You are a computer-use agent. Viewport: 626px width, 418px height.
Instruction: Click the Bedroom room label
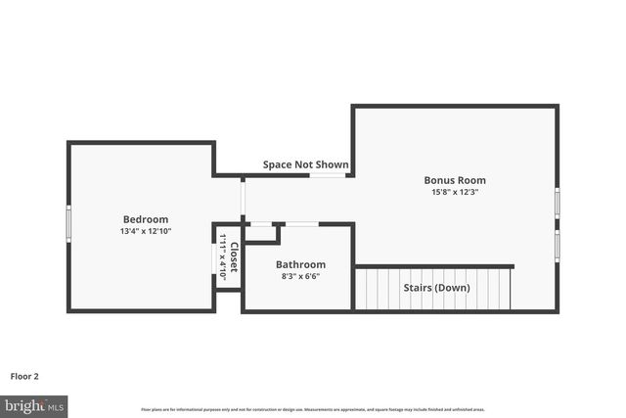146,219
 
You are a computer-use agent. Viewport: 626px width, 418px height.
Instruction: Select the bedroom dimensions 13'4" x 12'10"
146,232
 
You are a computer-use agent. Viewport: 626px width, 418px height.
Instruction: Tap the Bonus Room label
455,180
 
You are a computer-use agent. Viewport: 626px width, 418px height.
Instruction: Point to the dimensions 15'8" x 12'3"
455,193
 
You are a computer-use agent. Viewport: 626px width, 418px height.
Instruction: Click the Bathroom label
300,264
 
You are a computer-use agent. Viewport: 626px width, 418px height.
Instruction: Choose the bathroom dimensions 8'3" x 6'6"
300,277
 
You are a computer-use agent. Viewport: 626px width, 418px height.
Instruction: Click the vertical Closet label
234,255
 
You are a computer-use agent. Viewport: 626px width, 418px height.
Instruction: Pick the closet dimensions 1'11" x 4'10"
223,257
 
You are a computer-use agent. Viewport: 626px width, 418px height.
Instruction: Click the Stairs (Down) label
436,288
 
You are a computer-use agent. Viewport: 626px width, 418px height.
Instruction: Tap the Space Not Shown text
305,164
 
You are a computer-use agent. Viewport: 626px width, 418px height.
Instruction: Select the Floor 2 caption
24,376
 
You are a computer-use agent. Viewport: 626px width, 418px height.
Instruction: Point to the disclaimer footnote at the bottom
312,409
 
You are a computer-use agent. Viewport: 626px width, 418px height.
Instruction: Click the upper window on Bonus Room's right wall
557,204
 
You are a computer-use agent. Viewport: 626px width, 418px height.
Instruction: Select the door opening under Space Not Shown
327,175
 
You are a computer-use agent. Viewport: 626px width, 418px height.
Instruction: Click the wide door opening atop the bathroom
300,224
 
